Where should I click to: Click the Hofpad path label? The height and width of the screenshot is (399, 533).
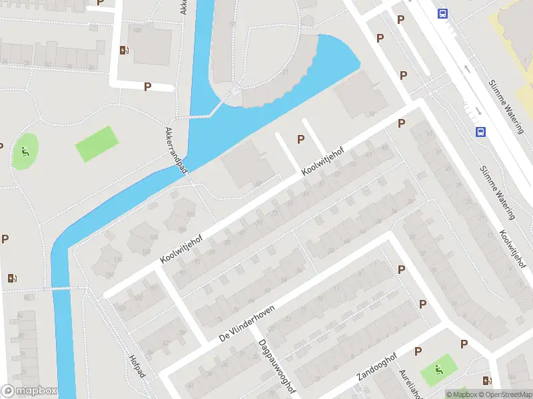coord(137,364)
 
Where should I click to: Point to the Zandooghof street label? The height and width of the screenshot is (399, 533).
coord(376,366)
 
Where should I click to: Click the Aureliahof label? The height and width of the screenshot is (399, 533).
coord(408,384)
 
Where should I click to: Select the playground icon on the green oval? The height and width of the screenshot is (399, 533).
coord(25,152)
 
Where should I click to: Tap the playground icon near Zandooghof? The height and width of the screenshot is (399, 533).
coord(439,370)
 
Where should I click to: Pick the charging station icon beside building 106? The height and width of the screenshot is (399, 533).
coord(124,50)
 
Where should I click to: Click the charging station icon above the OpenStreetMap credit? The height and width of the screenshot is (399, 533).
coord(488,381)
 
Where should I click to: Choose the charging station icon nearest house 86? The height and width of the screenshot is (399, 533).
coord(11,278)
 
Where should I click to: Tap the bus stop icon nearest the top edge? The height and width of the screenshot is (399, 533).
coord(442,13)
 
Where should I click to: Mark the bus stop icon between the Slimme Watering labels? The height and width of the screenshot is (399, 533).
coord(480,132)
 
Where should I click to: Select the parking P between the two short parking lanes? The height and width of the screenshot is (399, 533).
coord(301,139)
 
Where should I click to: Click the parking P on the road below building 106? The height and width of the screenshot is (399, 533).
coord(147,86)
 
